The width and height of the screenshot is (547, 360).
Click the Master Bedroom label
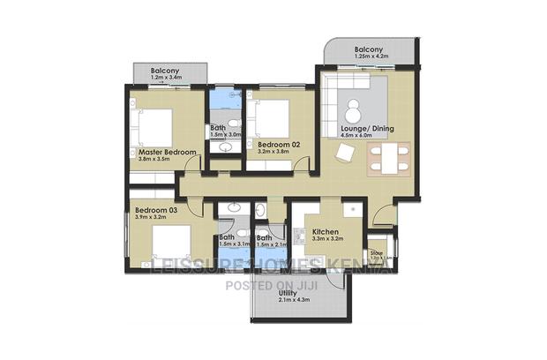pyautogui.click(x=168, y=153)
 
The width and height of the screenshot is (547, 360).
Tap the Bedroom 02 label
pyautogui.click(x=279, y=142)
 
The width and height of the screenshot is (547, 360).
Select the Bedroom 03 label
pyautogui.click(x=156, y=210)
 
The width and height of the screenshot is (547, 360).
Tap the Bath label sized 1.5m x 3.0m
pyautogui.click(x=218, y=129)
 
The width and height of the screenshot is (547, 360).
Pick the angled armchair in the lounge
pyautogui.click(x=346, y=154)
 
